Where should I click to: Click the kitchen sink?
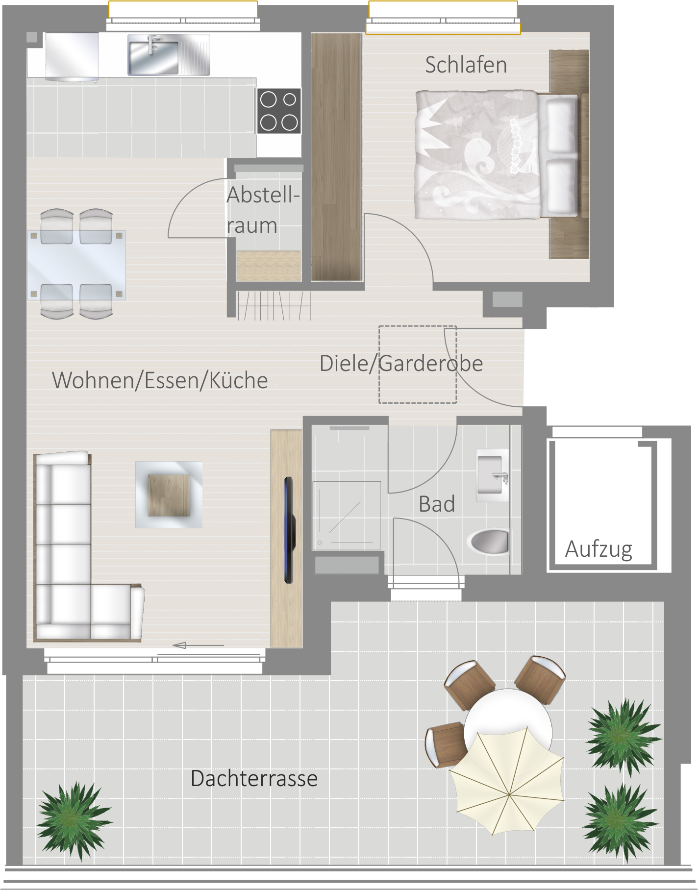(169, 54)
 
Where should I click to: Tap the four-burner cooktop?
(279, 111)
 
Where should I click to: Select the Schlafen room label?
(466, 65)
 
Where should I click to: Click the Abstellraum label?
(263, 210)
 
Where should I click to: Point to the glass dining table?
(76, 265)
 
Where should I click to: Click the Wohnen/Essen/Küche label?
(160, 380)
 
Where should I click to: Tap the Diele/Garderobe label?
(401, 364)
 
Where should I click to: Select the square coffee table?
(169, 494)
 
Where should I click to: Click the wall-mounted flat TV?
(290, 530)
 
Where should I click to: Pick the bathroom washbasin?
(492, 475)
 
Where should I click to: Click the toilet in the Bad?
(488, 542)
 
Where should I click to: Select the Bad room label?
(437, 504)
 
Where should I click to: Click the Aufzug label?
(598, 549)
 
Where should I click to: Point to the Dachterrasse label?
(254, 778)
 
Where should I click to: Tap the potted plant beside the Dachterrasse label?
(74, 821)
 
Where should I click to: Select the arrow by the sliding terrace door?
(198, 645)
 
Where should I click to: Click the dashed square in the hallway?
(418, 365)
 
